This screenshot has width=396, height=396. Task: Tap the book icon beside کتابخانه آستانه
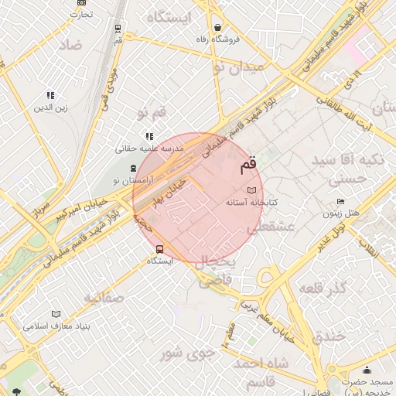[251, 189]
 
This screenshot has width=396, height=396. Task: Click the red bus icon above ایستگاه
[159, 249]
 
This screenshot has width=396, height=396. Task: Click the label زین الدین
[49, 108]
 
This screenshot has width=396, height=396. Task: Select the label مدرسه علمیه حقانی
[150, 147]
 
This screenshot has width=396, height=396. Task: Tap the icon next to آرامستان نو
[133, 168]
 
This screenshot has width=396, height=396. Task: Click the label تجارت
[80, 14]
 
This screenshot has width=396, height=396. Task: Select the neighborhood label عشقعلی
[269, 227]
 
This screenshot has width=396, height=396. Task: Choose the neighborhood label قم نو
[152, 114]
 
